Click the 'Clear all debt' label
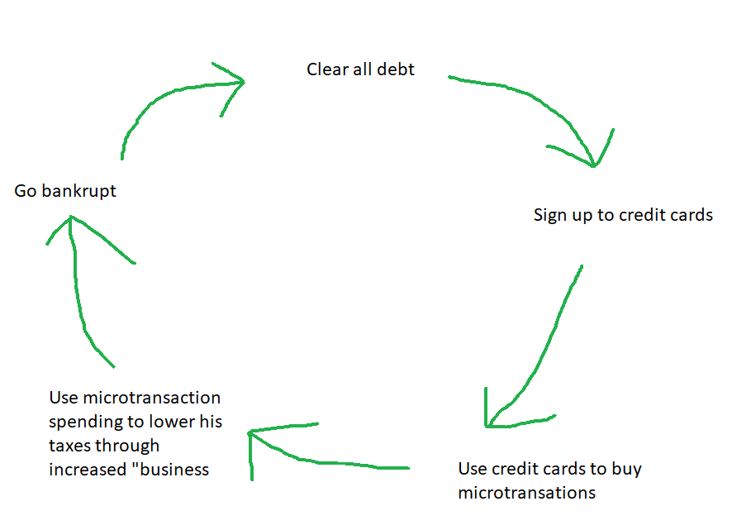(360, 69)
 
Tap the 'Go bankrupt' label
(65, 191)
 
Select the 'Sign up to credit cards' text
(623, 216)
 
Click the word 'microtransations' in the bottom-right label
(527, 493)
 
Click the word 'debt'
(396, 69)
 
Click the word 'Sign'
(550, 216)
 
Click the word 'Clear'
(327, 69)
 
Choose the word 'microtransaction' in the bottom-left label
(152, 399)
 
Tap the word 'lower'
(172, 422)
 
